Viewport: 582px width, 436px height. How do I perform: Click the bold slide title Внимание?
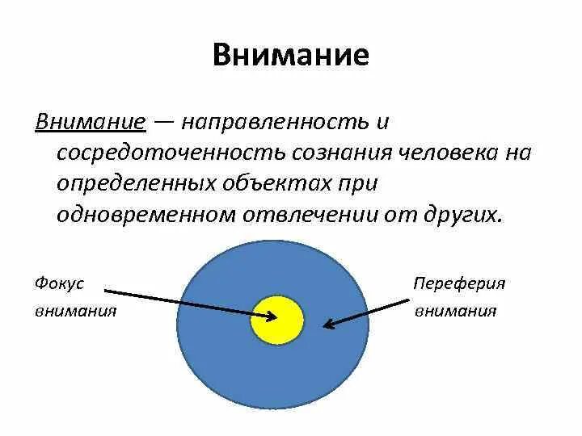(291, 56)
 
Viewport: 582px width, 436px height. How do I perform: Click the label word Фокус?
(60, 283)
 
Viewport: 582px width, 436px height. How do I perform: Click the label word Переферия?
(459, 283)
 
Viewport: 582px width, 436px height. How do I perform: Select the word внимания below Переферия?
(456, 311)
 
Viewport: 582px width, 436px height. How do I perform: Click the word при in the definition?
(356, 184)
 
